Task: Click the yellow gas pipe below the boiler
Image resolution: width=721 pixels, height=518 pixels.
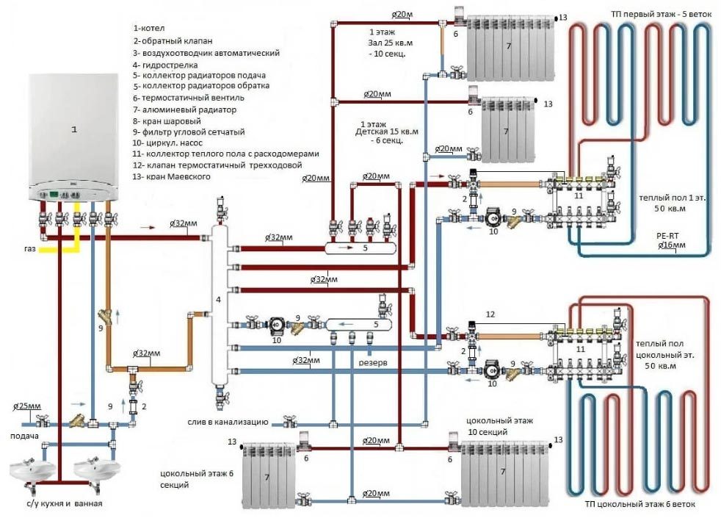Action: click(59, 249)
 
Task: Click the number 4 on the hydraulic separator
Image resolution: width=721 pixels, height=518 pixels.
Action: click(217, 300)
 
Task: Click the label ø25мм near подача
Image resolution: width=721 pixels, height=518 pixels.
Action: click(27, 406)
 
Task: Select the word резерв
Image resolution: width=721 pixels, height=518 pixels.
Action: click(373, 363)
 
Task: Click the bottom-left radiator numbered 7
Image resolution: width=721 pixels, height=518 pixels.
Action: click(267, 476)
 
